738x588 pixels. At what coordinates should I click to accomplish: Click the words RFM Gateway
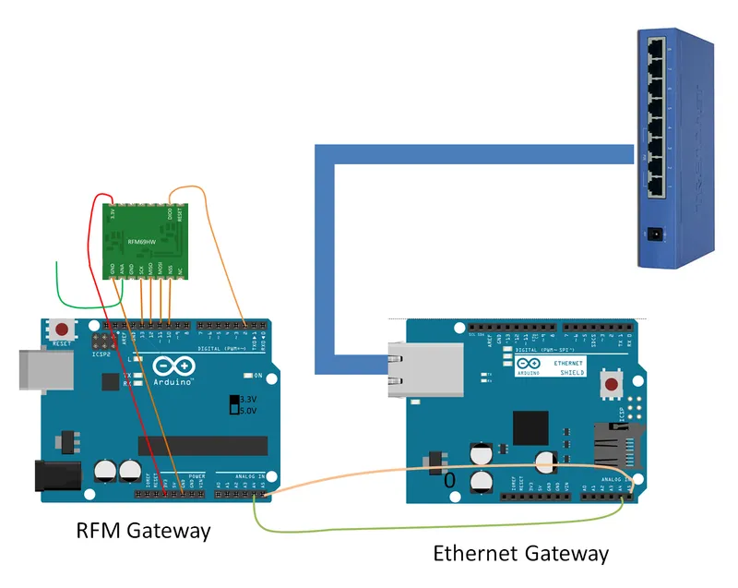pyautogui.click(x=143, y=531)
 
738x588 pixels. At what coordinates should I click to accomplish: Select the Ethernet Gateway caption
pyautogui.click(x=521, y=554)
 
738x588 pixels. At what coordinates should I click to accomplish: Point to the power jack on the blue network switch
pyautogui.click(x=657, y=234)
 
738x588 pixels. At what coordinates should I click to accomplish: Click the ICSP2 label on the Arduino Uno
pyautogui.click(x=101, y=353)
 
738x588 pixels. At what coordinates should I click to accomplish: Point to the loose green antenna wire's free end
pyautogui.click(x=58, y=263)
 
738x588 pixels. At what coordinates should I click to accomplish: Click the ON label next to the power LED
pyautogui.click(x=258, y=376)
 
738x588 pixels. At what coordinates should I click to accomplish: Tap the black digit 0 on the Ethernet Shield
pyautogui.click(x=450, y=481)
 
